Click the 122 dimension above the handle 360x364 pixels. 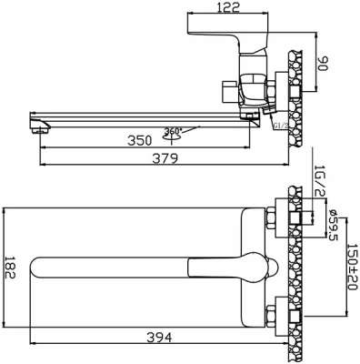[x=231, y=7]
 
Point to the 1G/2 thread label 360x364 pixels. [x=319, y=178]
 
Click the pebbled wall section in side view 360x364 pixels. [x=295, y=82]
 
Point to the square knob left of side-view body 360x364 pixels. [x=227, y=91]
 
